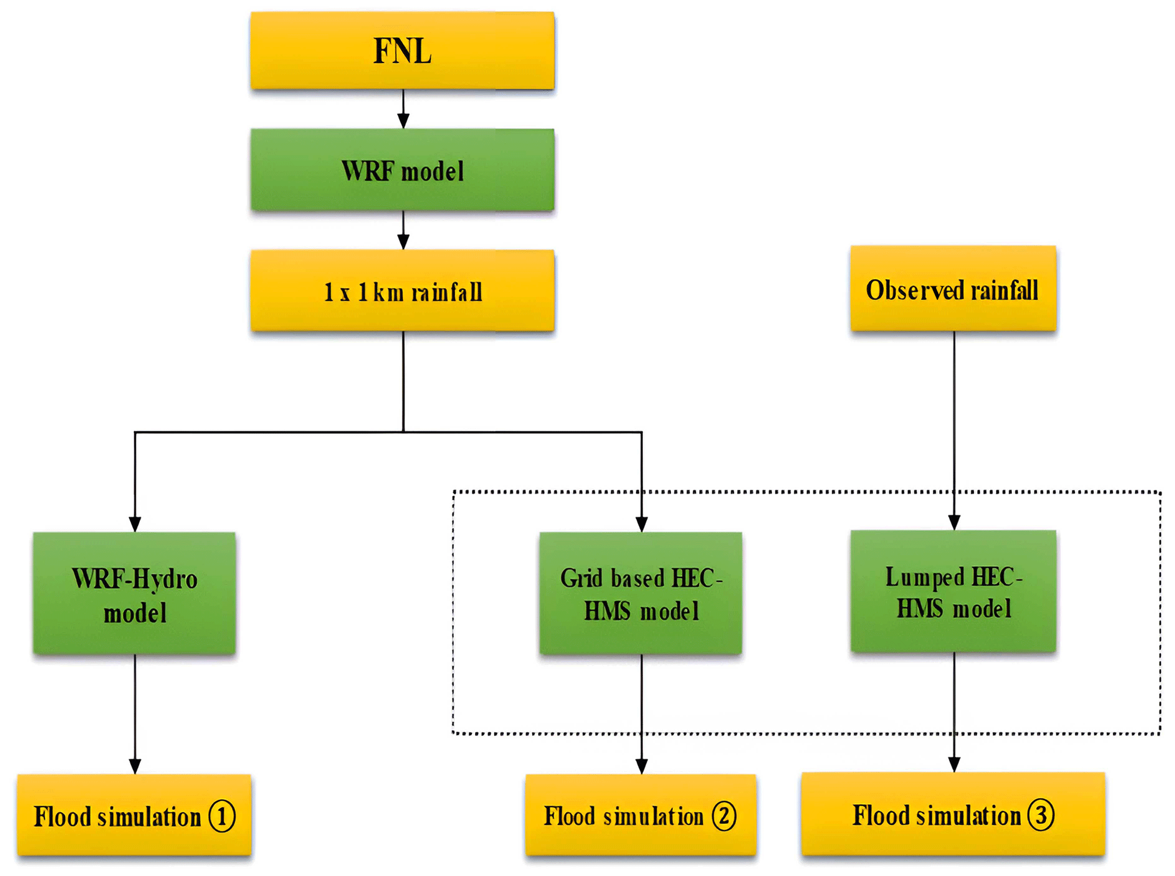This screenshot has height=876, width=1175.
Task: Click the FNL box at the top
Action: point(402,51)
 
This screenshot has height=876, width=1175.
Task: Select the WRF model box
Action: point(402,171)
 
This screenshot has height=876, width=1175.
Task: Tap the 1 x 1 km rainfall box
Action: point(402,291)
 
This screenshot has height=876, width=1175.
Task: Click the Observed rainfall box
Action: point(953,289)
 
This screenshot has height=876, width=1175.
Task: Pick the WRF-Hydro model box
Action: point(135,593)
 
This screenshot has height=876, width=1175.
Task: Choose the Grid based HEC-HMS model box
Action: point(641,593)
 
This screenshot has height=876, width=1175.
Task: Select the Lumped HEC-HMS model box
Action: point(953,591)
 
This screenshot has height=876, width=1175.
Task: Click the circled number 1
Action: point(222,816)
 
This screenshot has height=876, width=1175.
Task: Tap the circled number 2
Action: point(724,816)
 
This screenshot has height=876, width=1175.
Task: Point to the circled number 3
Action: point(1041,815)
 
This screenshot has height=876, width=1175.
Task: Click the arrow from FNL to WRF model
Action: point(403,109)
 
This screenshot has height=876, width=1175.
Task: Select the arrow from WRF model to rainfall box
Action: point(403,231)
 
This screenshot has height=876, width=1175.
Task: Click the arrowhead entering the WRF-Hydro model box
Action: point(135,524)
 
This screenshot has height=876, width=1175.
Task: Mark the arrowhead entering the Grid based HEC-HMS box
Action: point(642,524)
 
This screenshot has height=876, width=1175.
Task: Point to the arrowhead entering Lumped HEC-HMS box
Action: point(954,522)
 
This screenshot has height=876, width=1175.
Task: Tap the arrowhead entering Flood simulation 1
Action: point(135,766)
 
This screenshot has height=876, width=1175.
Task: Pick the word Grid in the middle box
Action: point(581,579)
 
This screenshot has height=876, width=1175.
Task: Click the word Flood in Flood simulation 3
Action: point(881,816)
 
